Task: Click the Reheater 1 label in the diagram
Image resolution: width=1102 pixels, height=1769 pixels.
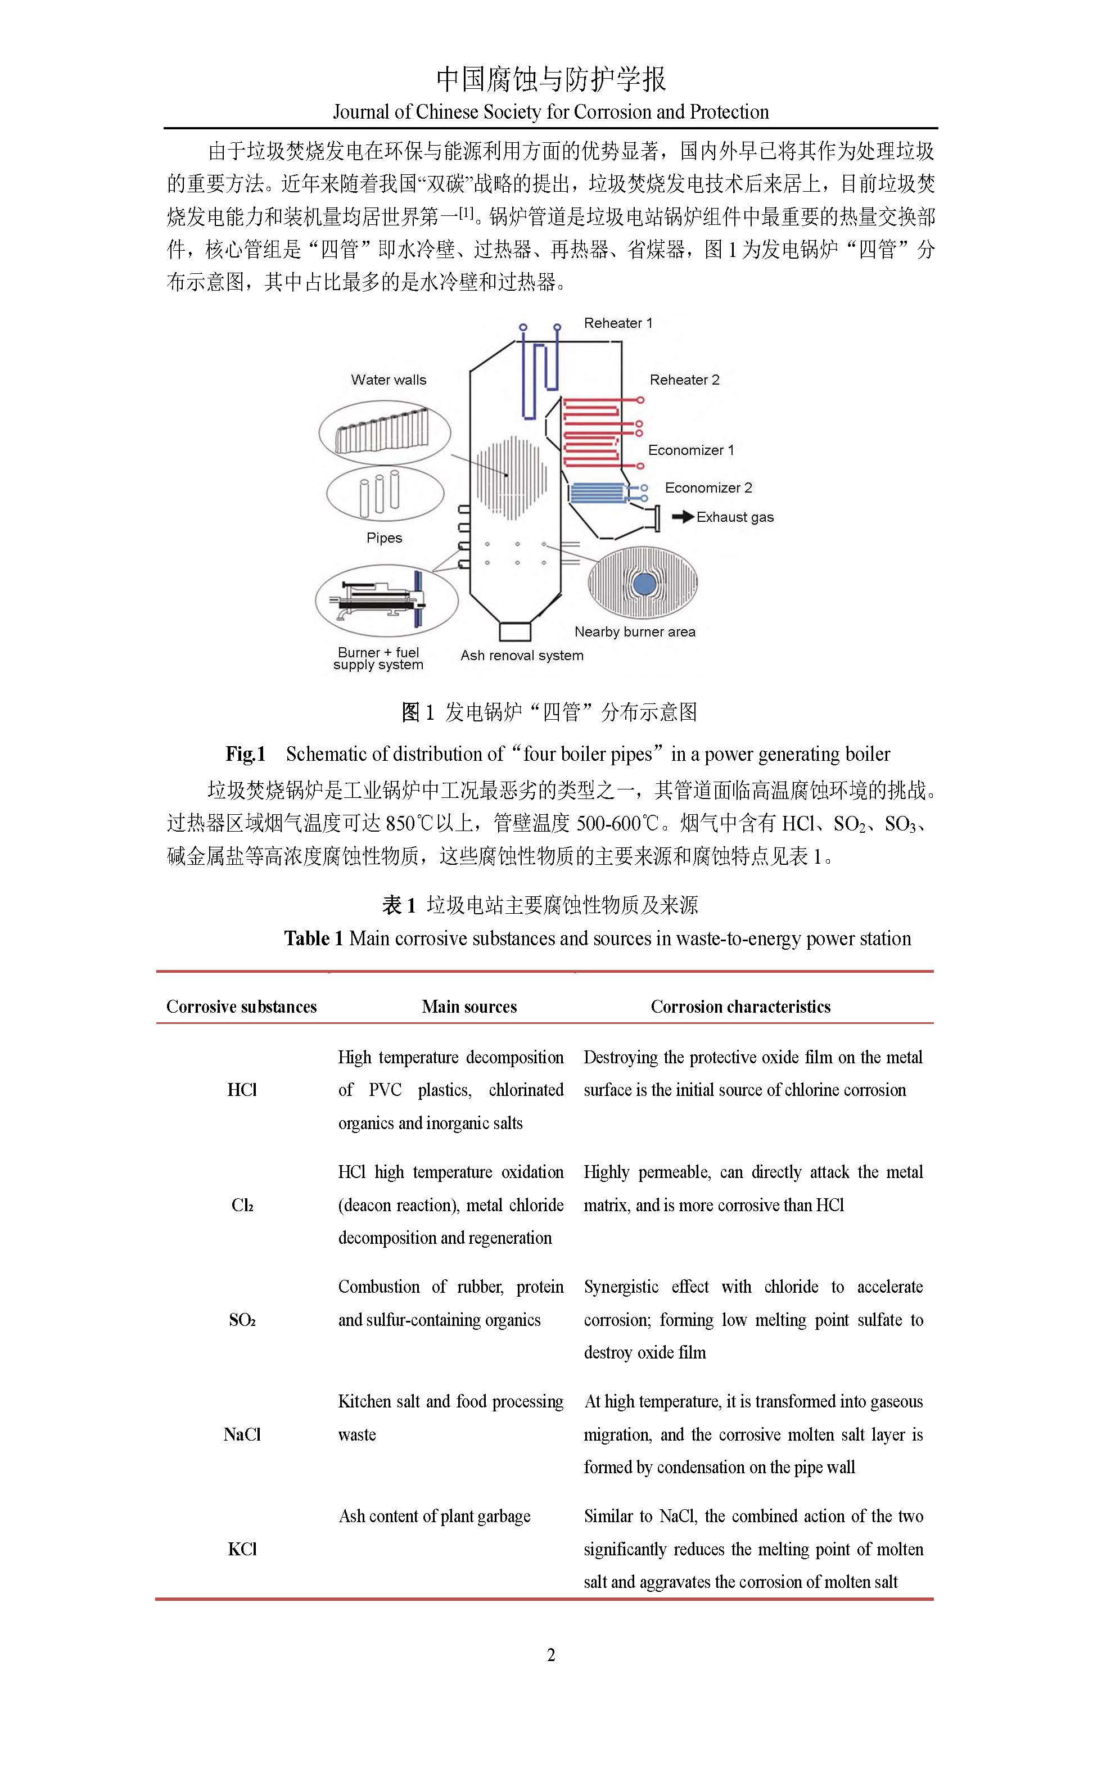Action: click(618, 323)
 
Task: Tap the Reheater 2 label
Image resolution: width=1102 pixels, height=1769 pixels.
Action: click(684, 380)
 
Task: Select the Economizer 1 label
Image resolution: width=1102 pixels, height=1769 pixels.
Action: click(691, 450)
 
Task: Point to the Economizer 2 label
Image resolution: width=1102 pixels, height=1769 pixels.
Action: click(708, 488)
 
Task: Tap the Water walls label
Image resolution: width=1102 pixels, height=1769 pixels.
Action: click(389, 380)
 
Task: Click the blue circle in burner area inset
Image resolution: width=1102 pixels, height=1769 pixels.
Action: click(644, 584)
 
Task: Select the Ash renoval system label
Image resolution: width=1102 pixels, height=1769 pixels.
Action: click(522, 655)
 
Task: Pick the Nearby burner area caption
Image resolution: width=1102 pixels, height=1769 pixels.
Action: click(635, 632)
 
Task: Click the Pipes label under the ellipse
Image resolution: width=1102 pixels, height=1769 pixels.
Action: click(384, 538)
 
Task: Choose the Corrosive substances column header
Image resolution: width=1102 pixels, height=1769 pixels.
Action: click(241, 1007)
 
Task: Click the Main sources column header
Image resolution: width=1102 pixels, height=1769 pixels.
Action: click(469, 1007)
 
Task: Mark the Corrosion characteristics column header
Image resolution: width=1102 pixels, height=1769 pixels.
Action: click(740, 1007)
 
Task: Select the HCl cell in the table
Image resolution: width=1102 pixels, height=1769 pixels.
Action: click(242, 1090)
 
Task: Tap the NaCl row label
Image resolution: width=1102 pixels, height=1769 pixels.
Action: click(242, 1434)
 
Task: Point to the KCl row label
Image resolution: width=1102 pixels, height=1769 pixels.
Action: click(242, 1549)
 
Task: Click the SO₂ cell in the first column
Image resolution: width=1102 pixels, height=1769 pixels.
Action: click(242, 1320)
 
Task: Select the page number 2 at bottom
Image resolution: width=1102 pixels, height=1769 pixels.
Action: click(551, 1655)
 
